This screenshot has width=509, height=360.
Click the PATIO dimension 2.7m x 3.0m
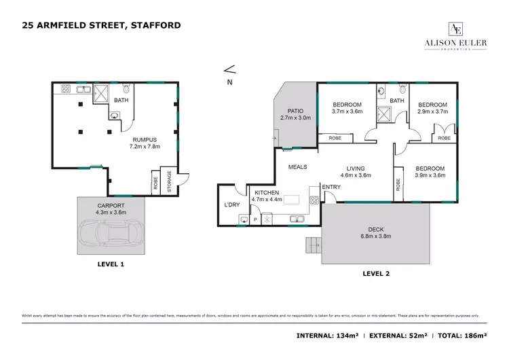[295, 118]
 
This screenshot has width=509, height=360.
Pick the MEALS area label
[297, 166]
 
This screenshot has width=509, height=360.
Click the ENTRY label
[331, 187]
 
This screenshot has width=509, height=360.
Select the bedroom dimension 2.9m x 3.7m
[433, 111]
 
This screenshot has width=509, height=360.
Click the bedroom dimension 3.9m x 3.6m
[430, 176]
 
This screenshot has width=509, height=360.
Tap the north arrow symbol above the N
[229, 69]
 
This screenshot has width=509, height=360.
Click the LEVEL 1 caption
[111, 264]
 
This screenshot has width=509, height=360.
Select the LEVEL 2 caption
[376, 273]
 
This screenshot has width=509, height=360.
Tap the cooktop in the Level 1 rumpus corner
[67, 88]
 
